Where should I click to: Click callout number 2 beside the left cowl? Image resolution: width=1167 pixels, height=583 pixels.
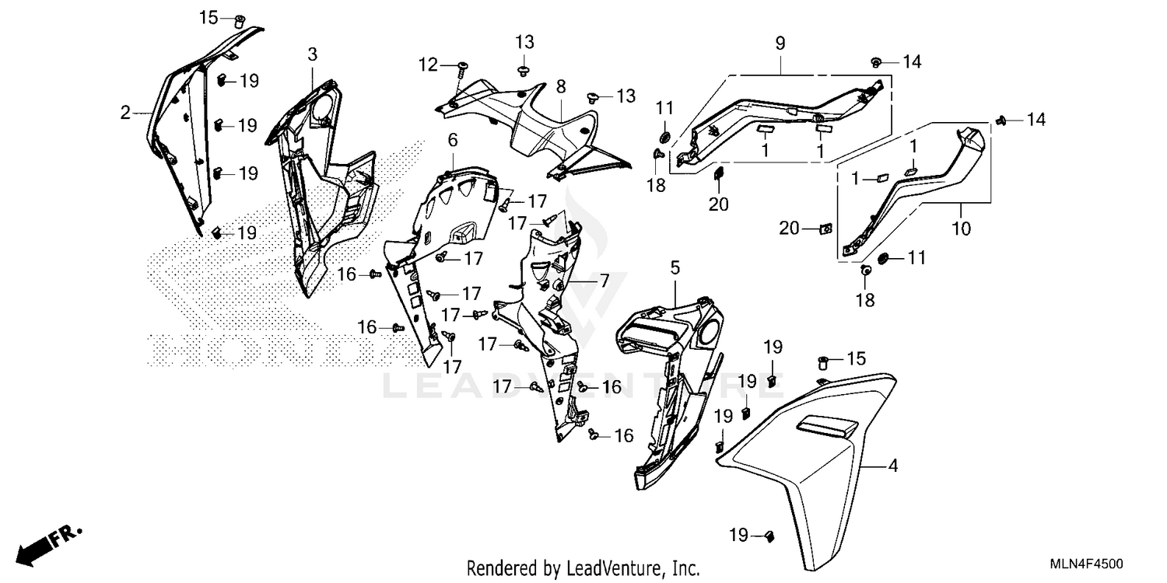click(125, 113)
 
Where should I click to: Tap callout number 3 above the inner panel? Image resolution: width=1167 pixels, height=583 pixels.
click(312, 54)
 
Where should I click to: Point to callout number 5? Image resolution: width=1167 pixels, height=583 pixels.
click(675, 268)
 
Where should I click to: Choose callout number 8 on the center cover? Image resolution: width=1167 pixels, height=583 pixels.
click(561, 89)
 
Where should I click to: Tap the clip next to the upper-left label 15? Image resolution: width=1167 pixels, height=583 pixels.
click(240, 19)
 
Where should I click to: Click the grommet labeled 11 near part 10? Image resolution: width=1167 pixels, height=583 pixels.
click(884, 258)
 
